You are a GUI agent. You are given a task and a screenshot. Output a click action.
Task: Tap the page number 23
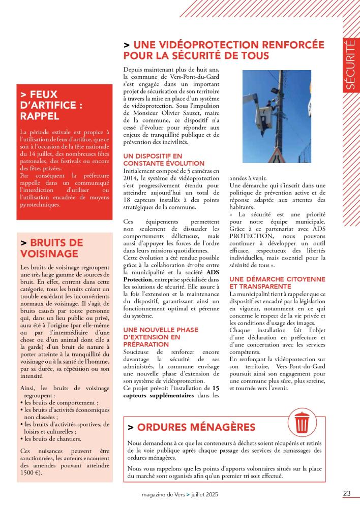347,493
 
